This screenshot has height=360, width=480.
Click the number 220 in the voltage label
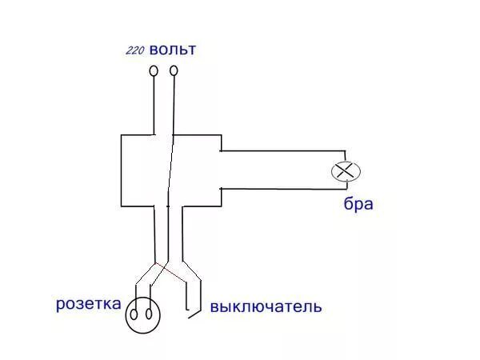pyautogui.click(x=134, y=51)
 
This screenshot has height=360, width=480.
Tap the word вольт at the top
pyautogui.click(x=172, y=50)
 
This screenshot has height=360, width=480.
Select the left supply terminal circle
pyautogui.click(x=154, y=72)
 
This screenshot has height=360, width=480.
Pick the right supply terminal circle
pyautogui.click(x=174, y=72)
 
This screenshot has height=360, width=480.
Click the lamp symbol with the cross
pyautogui.click(x=346, y=170)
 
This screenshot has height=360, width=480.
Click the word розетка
pyautogui.click(x=89, y=304)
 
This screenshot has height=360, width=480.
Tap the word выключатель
pyautogui.click(x=266, y=306)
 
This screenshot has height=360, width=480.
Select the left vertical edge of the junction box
pyautogui.click(x=121, y=170)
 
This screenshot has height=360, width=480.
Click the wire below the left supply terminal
pyautogui.click(x=154, y=104)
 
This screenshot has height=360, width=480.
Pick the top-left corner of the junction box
pyautogui.click(x=121, y=135)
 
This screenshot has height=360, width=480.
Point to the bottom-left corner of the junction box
pyautogui.click(x=121, y=205)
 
